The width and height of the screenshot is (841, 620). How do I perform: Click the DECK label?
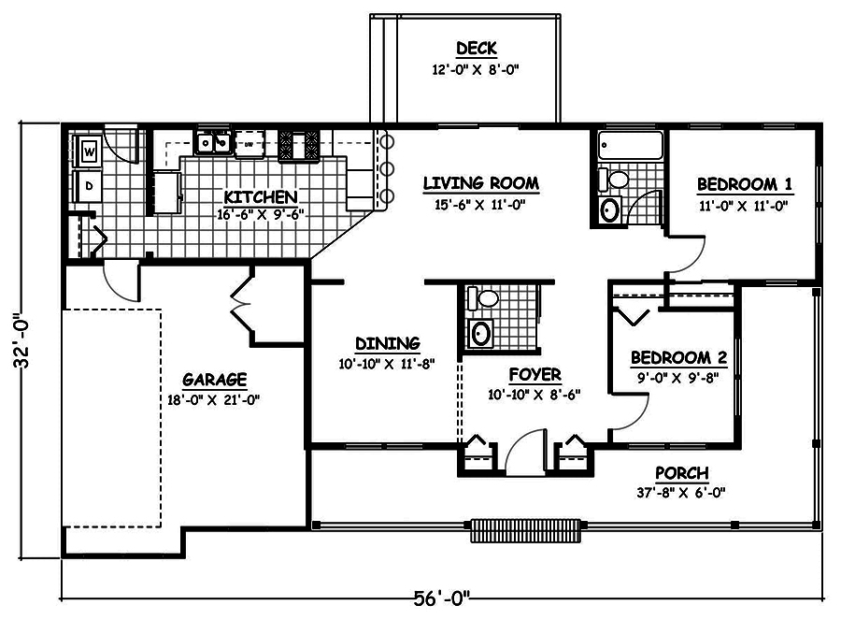476,49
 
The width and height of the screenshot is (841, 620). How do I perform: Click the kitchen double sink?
213,143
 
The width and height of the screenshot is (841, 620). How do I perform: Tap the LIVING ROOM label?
480,182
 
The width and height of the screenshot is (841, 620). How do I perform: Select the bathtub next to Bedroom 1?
629,145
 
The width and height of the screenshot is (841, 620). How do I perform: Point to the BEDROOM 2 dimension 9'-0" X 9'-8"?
678,379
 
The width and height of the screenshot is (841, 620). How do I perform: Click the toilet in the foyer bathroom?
484,300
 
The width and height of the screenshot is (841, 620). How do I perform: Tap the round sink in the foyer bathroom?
481,333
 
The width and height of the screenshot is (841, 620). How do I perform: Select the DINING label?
387,343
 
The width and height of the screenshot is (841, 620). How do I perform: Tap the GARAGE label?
214,380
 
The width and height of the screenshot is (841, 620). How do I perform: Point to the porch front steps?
525,528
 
